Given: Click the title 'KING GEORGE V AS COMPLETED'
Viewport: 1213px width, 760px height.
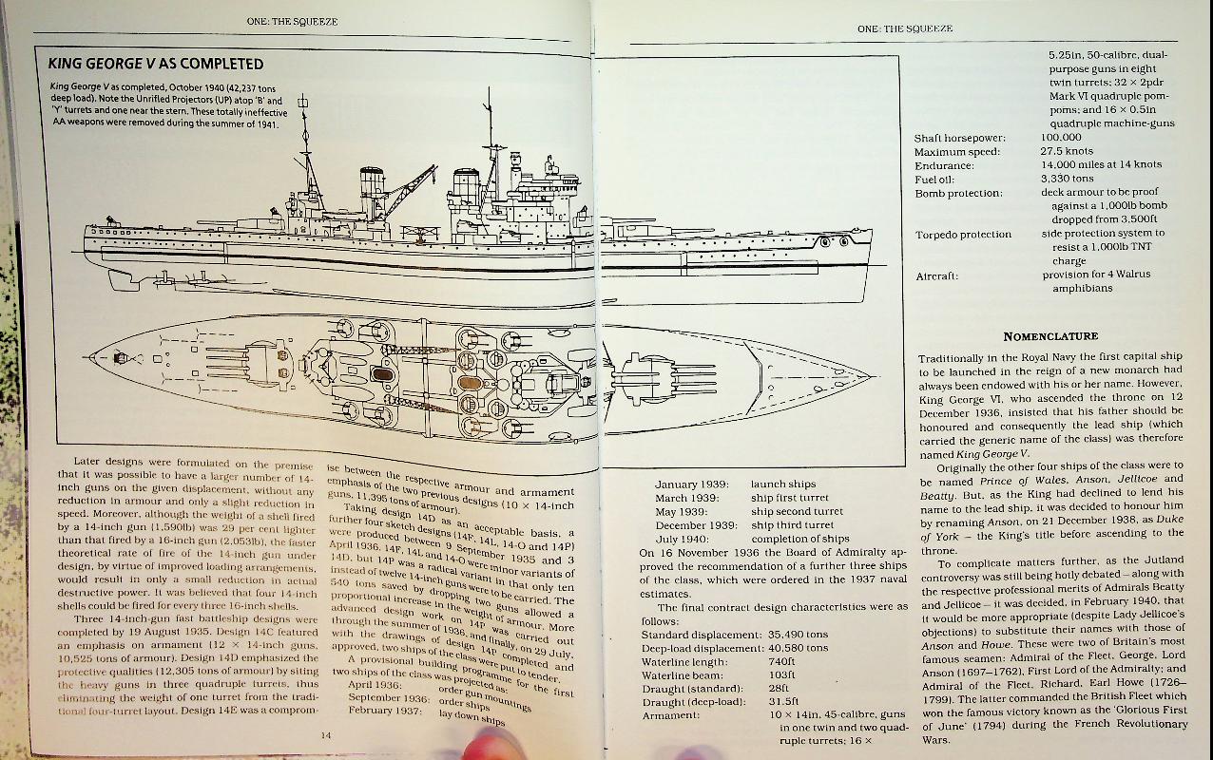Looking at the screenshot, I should coord(156,64).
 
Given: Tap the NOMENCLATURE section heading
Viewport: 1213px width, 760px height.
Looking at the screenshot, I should coord(1049,335).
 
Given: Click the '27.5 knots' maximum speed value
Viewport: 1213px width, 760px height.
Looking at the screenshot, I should coord(1067,151).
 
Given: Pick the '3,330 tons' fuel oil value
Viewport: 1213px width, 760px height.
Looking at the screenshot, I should coord(1067,178).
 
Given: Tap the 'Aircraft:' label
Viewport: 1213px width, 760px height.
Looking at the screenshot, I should coord(937,275).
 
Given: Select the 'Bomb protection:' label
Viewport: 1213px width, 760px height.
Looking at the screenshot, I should coord(957,194).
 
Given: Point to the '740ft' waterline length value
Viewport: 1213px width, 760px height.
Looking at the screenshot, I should coord(781,661).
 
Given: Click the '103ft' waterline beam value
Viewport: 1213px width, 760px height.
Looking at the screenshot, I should coord(780,674).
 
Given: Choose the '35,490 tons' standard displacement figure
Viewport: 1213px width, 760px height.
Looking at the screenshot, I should coord(799,635).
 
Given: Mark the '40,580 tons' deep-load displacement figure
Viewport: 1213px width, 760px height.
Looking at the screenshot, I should coord(799,648).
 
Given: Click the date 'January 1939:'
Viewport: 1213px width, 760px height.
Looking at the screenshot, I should coord(687,484).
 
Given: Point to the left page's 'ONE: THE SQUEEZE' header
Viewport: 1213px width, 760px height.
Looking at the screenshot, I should coord(292,22).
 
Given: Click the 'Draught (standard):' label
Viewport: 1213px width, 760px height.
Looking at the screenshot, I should coord(691,688).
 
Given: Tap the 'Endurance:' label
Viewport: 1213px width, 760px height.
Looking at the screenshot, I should coord(944,165).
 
